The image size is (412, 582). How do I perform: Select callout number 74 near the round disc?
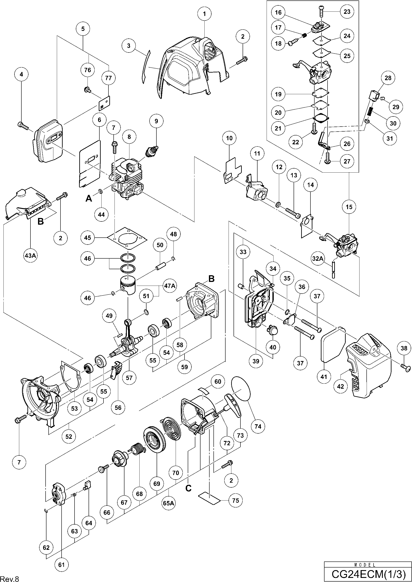258,426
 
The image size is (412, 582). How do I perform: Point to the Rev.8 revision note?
10,579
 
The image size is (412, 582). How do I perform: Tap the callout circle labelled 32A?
318,259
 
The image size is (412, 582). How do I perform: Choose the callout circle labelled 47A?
170,286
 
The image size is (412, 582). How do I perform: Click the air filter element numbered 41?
333,347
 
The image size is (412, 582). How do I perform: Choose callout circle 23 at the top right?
347,11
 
